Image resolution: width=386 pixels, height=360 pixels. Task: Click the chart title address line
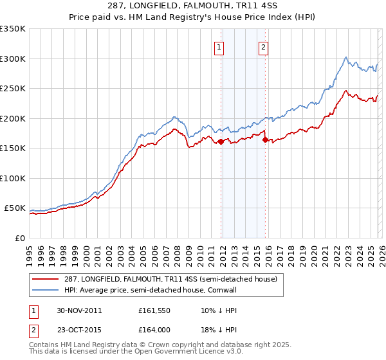[x=192, y=6]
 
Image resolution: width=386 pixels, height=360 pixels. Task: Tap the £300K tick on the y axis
[x=13, y=59]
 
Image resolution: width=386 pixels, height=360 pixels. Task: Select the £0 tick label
[x=20, y=238]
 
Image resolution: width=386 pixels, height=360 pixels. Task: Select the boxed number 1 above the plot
[x=219, y=46]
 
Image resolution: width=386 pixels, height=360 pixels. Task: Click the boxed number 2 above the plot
[x=264, y=46]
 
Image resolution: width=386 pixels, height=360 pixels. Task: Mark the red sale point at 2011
[x=221, y=141]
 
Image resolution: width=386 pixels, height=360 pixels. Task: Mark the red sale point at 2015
[x=266, y=139]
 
